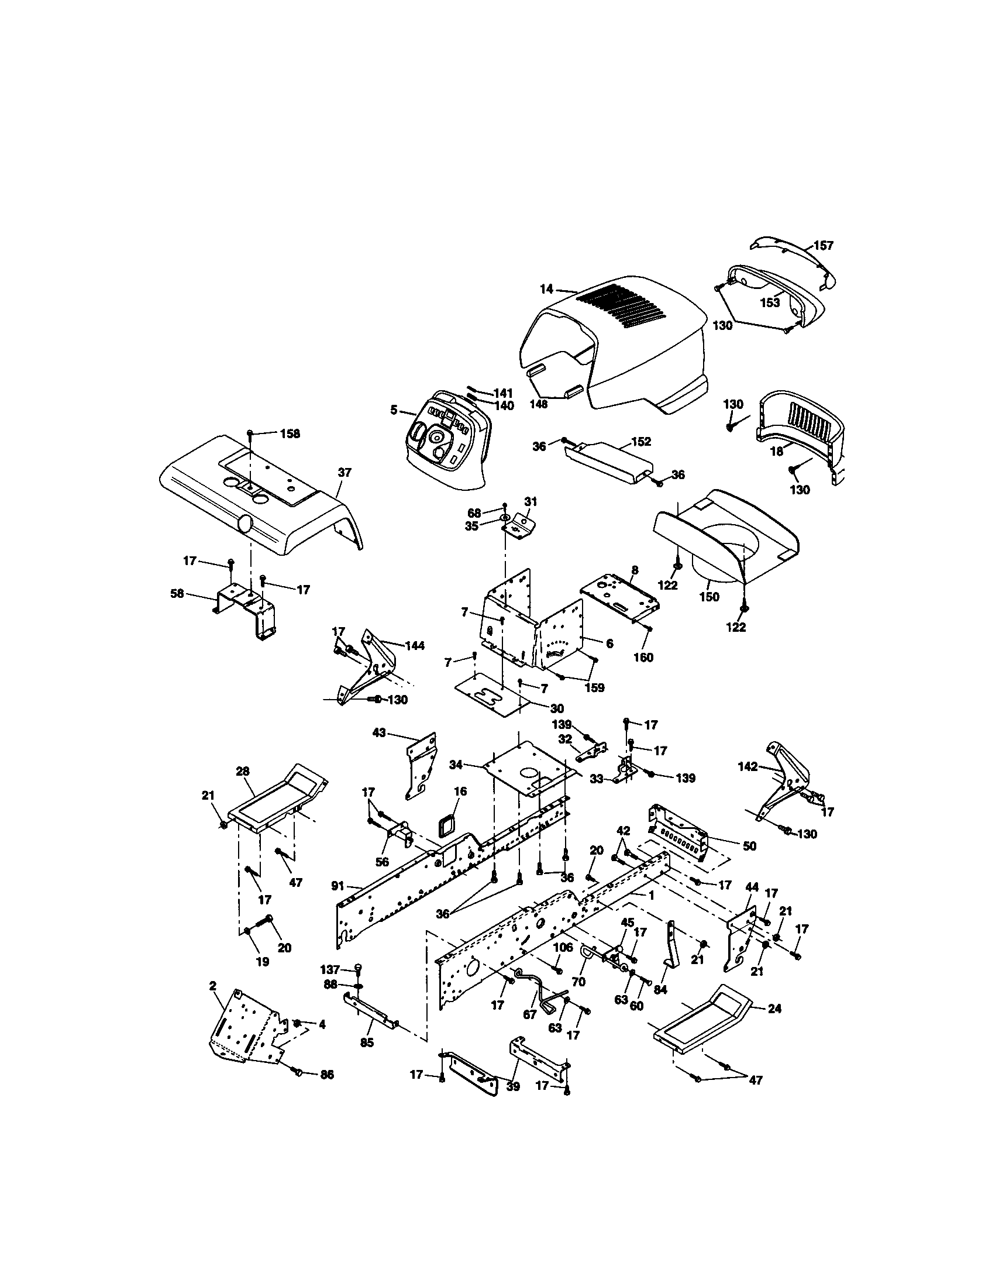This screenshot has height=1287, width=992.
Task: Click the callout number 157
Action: pos(824,245)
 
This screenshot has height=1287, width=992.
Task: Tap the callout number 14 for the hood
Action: pos(546,289)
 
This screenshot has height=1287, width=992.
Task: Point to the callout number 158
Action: pos(289,433)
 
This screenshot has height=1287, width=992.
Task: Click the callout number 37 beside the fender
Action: pos(345,472)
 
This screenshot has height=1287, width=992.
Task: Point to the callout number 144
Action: pos(415,645)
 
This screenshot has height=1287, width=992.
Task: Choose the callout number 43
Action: pos(380,732)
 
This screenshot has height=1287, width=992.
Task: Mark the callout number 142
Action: pos(748,766)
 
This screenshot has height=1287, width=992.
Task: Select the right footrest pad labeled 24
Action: pos(701,1024)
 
